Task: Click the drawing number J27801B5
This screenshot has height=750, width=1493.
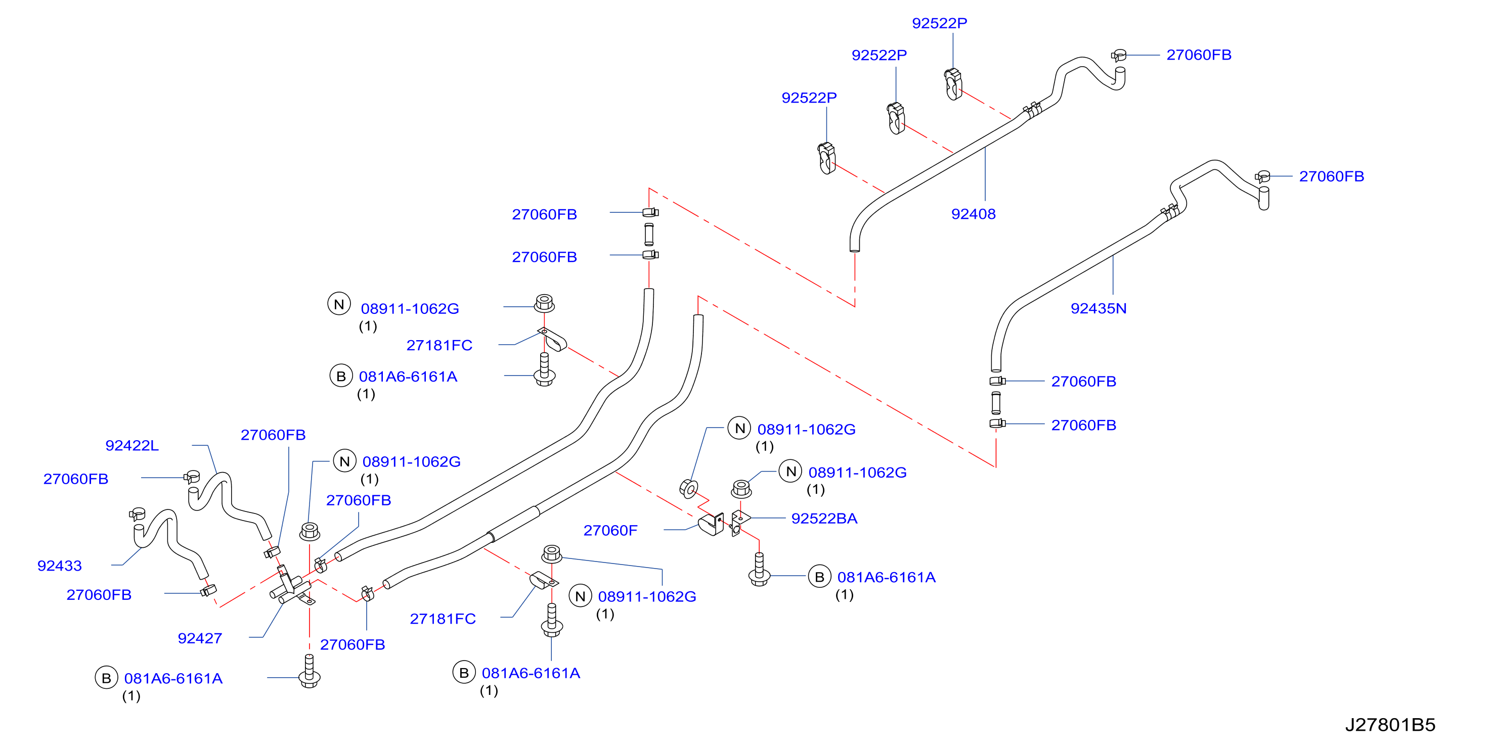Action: click(1390, 725)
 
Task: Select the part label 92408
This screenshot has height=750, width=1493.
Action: click(973, 214)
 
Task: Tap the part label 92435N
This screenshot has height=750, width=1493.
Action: click(1099, 308)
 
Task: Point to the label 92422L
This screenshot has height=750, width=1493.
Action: click(131, 445)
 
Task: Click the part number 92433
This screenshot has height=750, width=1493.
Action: click(59, 566)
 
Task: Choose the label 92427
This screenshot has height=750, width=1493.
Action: click(199, 638)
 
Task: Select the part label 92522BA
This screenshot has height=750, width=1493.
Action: click(824, 519)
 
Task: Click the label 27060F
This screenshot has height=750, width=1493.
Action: click(610, 531)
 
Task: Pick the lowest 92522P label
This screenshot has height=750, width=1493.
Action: click(809, 98)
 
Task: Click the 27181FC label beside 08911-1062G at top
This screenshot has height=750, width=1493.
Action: click(440, 345)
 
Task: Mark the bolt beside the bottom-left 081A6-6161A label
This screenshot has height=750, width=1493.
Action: click(309, 672)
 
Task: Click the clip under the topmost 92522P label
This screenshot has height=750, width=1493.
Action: click(953, 84)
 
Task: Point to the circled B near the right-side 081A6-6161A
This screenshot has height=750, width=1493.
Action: click(819, 577)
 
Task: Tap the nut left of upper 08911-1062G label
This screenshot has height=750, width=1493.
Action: click(544, 303)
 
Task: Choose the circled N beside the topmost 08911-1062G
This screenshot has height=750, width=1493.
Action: click(339, 304)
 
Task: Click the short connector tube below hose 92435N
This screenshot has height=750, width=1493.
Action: click(996, 402)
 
